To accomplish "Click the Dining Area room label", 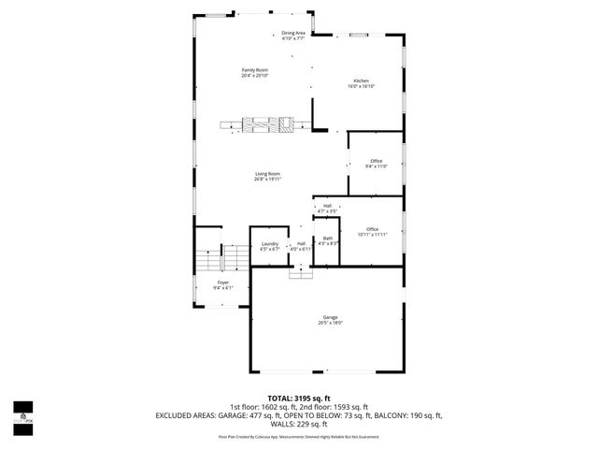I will (293, 36).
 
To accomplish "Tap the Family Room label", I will (254, 73).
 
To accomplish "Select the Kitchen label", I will (362, 83).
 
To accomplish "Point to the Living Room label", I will (267, 176).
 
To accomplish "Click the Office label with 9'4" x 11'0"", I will (376, 163).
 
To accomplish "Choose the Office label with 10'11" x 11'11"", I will (372, 232).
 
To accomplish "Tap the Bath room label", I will (328, 240).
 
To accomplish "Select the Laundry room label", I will (270, 246).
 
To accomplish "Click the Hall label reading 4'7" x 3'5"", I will (327, 209).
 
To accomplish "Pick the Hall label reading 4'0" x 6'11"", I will (301, 246).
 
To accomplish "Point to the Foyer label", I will (223, 284).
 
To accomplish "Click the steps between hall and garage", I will (301, 271).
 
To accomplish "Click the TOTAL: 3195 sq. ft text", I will (299, 397).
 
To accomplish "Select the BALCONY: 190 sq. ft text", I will (408, 414).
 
